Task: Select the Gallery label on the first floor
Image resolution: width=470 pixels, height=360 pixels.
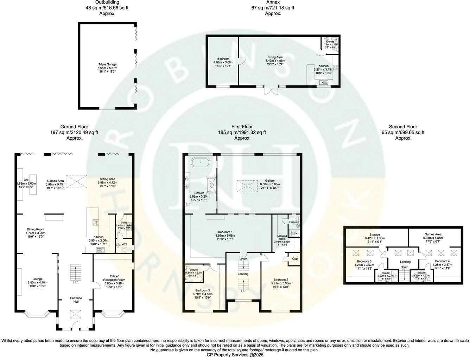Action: point(270,180)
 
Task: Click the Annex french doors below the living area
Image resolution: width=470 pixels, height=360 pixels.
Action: point(271,90)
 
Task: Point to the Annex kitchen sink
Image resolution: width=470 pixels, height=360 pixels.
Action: point(324,83)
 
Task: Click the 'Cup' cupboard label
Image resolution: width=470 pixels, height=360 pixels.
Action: point(295,259)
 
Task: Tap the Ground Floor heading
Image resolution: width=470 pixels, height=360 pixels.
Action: point(74,127)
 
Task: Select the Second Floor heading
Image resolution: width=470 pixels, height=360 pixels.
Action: point(403,127)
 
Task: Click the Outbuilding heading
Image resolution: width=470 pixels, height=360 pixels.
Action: point(107,2)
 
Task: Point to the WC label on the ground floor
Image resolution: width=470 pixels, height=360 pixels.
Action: point(124,244)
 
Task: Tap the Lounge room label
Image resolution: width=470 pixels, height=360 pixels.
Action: point(37,279)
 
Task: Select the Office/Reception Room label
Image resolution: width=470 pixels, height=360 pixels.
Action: point(114,278)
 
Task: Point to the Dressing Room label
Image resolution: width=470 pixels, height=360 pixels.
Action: point(282,237)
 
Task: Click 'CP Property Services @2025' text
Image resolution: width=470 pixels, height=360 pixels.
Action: point(235,355)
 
